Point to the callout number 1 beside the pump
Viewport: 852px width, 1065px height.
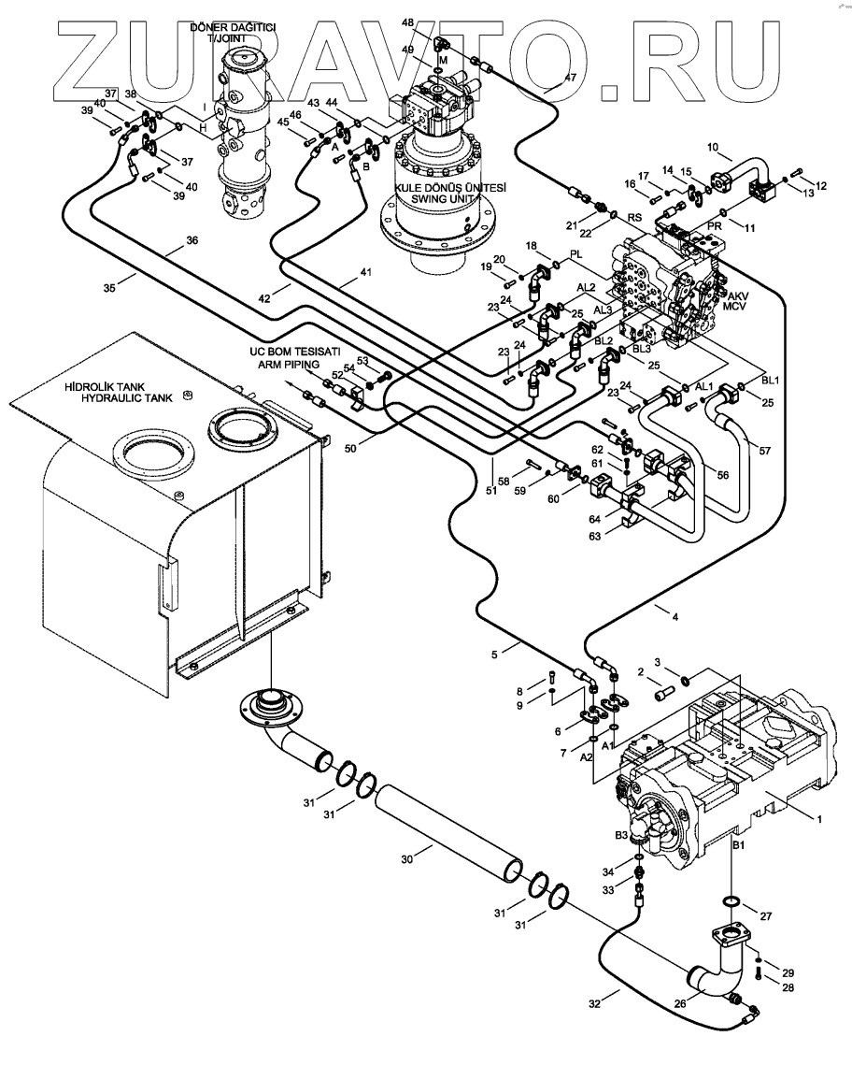coord(819,818)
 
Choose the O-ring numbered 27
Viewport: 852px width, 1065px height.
coord(732,902)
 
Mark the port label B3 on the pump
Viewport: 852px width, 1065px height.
coord(621,834)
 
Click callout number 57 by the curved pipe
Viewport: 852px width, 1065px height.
coord(764,451)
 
